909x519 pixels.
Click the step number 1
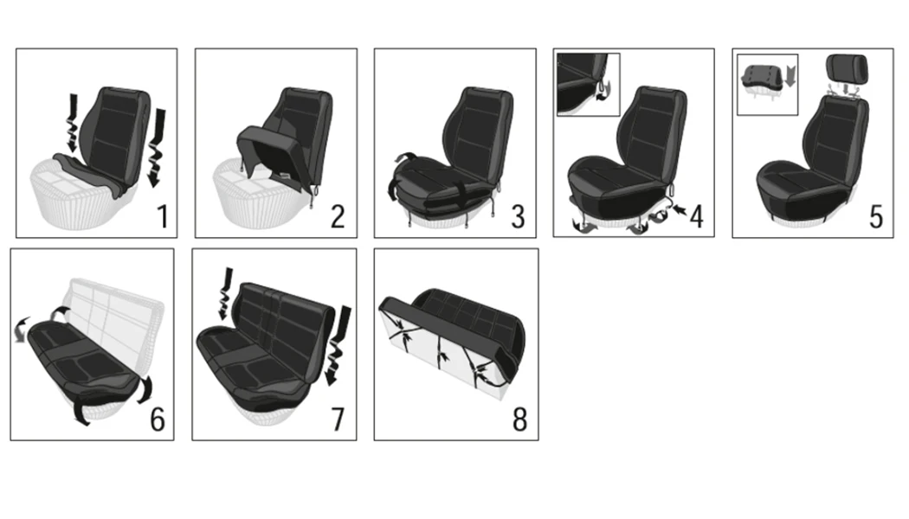(162, 215)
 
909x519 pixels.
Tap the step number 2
(337, 215)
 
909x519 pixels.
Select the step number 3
(517, 215)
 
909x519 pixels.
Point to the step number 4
(695, 215)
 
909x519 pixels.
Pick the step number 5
(875, 215)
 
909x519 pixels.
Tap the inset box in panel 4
(589, 84)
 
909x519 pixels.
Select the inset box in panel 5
(766, 84)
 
